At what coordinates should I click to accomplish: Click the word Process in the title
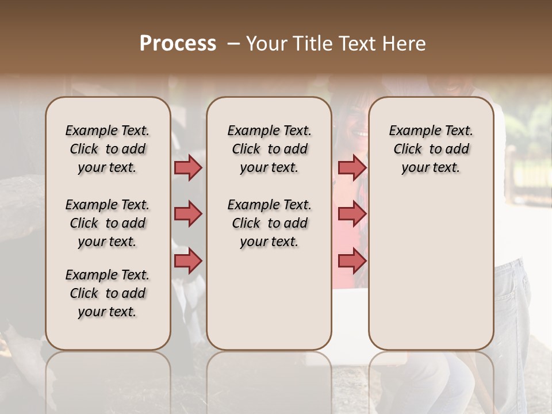[178, 44]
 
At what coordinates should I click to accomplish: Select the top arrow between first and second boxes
[188, 167]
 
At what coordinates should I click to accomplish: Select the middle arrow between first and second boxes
[188, 214]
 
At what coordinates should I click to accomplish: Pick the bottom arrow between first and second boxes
[188, 261]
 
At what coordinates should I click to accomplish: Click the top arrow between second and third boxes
[352, 167]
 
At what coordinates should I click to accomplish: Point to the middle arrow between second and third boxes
[352, 214]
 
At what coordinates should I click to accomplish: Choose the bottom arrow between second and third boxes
[352, 261]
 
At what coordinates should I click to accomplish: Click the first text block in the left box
[108, 149]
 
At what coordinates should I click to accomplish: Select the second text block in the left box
[108, 223]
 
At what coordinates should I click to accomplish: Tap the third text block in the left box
[108, 293]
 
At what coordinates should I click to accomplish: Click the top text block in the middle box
[269, 149]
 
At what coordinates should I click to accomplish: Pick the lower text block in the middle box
[269, 223]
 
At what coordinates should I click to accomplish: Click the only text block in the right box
[431, 149]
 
